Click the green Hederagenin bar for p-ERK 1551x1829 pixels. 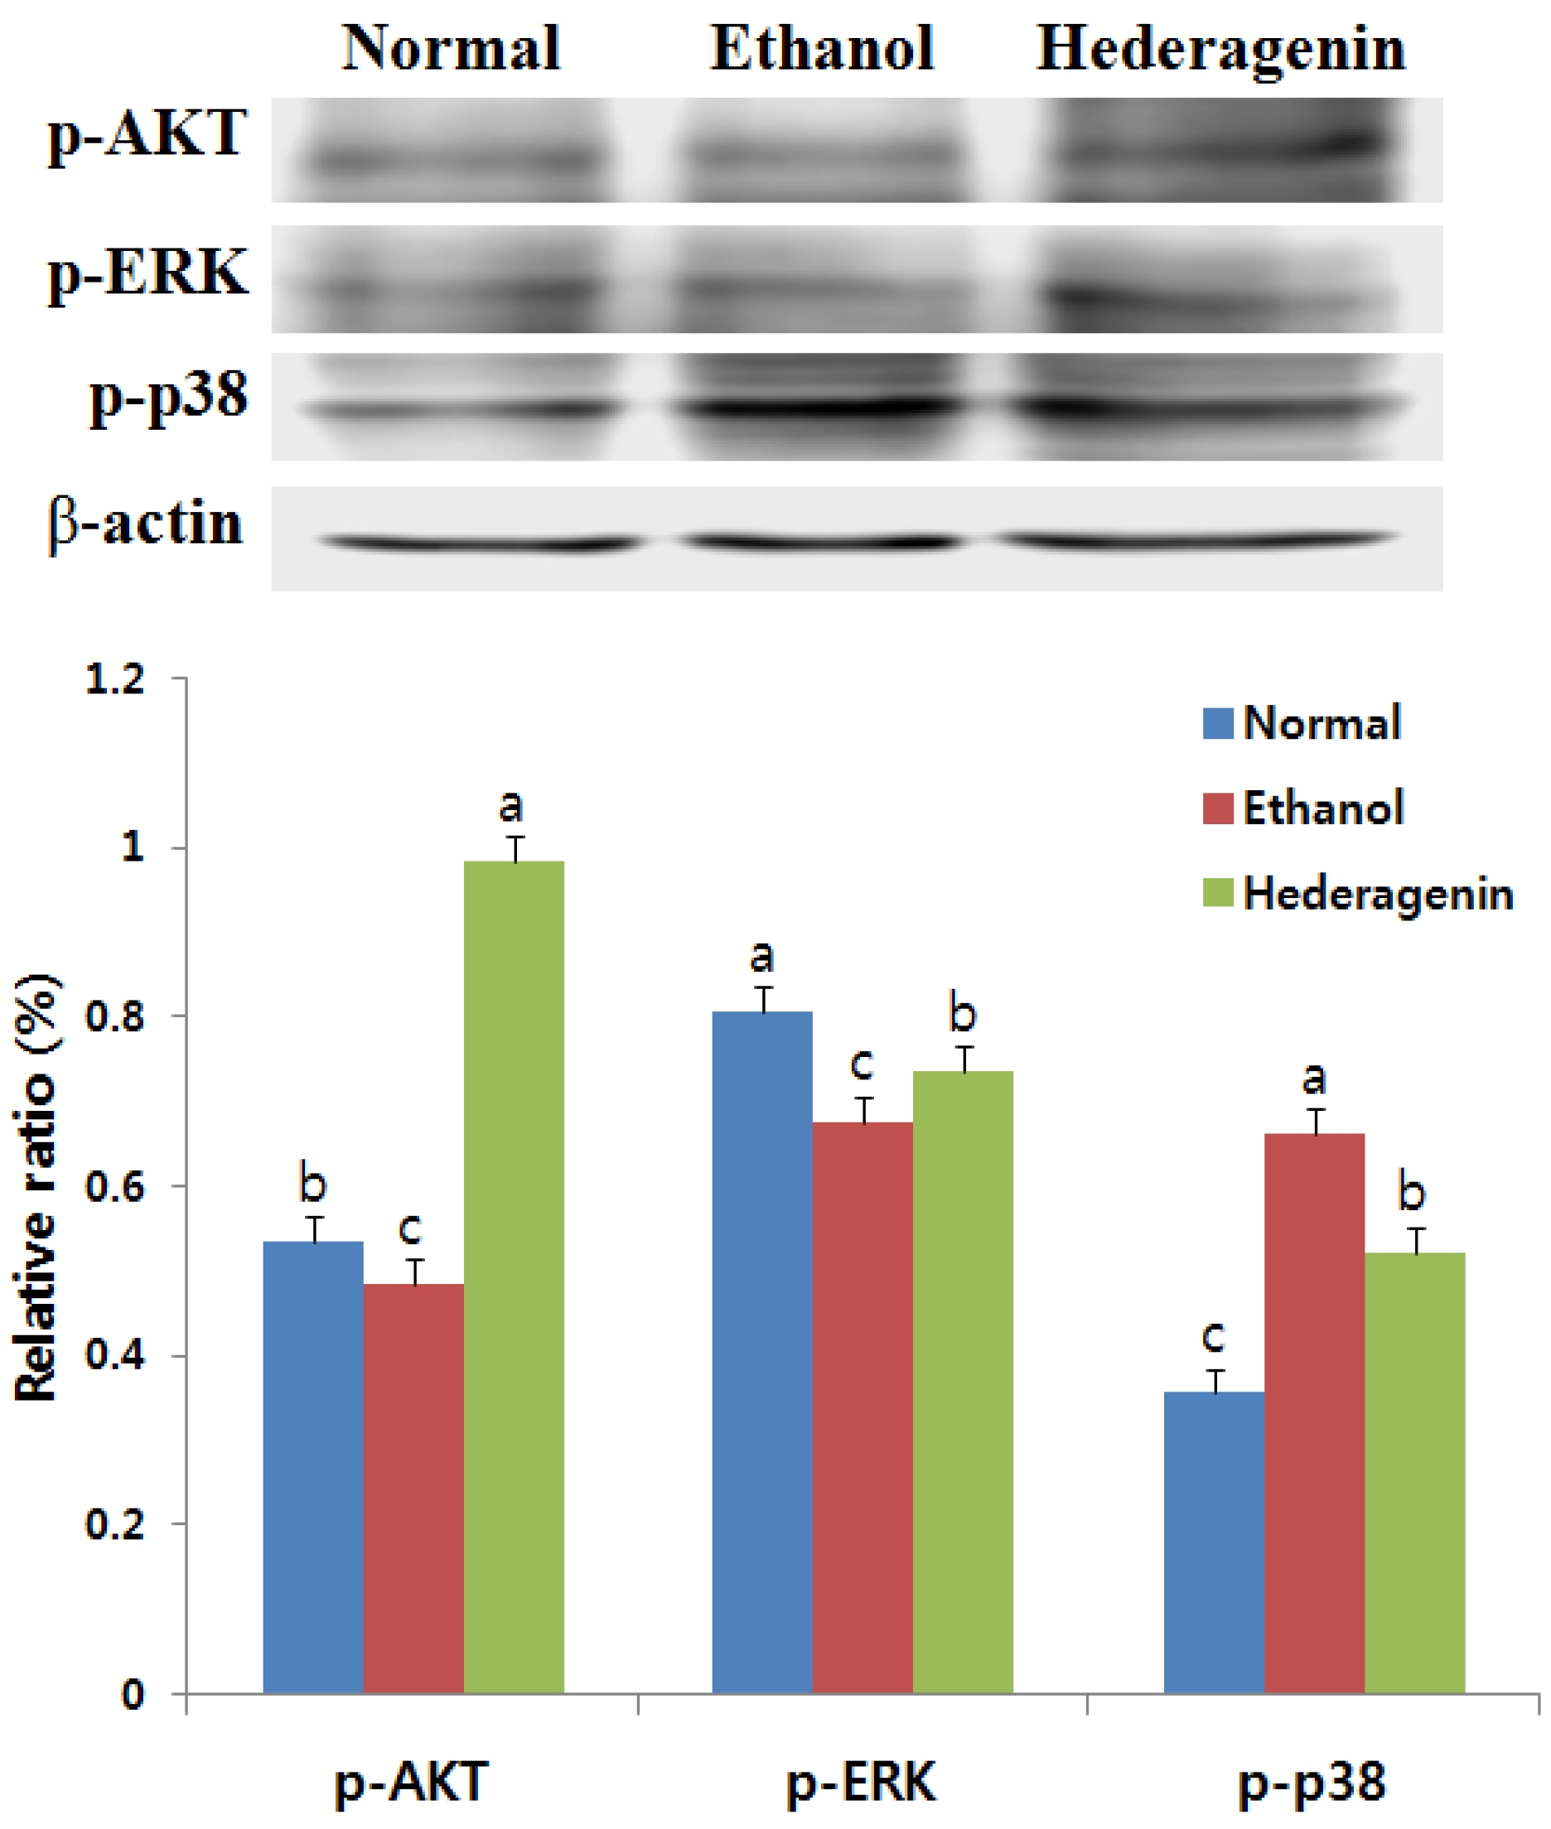click(x=963, y=1381)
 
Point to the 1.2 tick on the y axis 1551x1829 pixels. click(x=115, y=679)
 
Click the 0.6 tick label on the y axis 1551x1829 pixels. click(x=115, y=1186)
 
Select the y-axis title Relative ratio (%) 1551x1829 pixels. click(x=37, y=1186)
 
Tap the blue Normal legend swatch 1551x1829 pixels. click(x=1218, y=723)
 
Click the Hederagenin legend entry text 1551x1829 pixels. click(x=1378, y=894)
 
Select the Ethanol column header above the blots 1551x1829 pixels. click(x=822, y=47)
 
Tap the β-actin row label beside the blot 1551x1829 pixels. click(x=146, y=524)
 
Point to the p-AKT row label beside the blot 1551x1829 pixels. click(x=147, y=133)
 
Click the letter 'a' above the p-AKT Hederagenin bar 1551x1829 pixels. click(x=511, y=805)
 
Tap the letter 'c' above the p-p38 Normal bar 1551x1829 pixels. click(x=1213, y=1336)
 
